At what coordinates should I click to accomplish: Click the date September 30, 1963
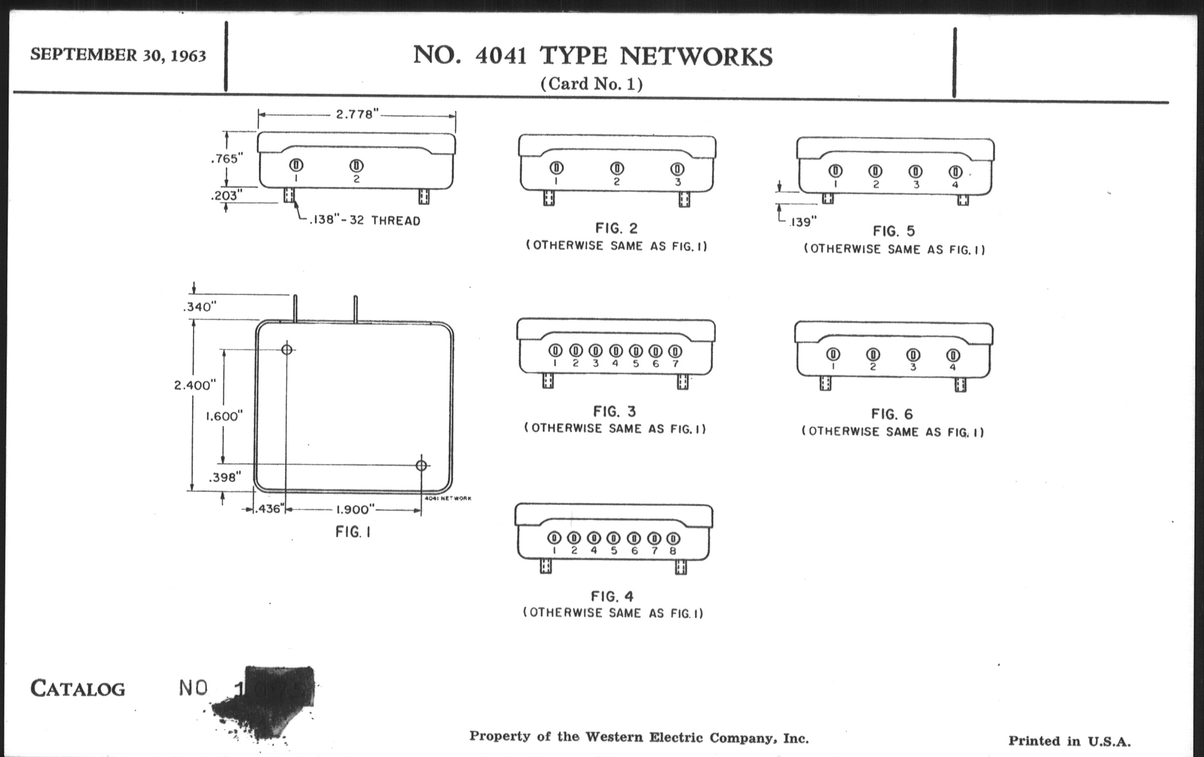pyautogui.click(x=118, y=54)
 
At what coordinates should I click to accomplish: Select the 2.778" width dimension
pyautogui.click(x=354, y=114)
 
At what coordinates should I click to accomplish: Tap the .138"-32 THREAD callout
pyautogui.click(x=364, y=221)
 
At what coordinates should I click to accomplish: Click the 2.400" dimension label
pyautogui.click(x=195, y=385)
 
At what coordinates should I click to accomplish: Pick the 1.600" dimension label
pyautogui.click(x=224, y=416)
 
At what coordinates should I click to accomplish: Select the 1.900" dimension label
pyautogui.click(x=355, y=510)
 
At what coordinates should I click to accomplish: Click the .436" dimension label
pyautogui.click(x=269, y=510)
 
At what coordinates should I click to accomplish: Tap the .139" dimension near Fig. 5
pyautogui.click(x=803, y=222)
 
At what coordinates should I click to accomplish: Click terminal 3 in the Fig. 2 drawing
pyautogui.click(x=678, y=169)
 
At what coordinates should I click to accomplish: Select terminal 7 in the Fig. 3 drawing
pyautogui.click(x=675, y=351)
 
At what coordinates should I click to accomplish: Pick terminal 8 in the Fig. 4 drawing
pyautogui.click(x=673, y=539)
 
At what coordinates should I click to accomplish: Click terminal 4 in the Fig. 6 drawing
pyautogui.click(x=953, y=355)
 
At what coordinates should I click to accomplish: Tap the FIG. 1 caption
pyautogui.click(x=353, y=532)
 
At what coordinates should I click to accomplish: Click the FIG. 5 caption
pyautogui.click(x=894, y=232)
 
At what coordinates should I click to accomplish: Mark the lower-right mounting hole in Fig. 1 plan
pyautogui.click(x=421, y=466)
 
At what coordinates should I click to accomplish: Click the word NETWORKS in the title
pyautogui.click(x=696, y=56)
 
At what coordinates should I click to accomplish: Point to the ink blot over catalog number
pyautogui.click(x=270, y=700)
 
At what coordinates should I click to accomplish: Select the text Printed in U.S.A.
pyautogui.click(x=1069, y=741)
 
